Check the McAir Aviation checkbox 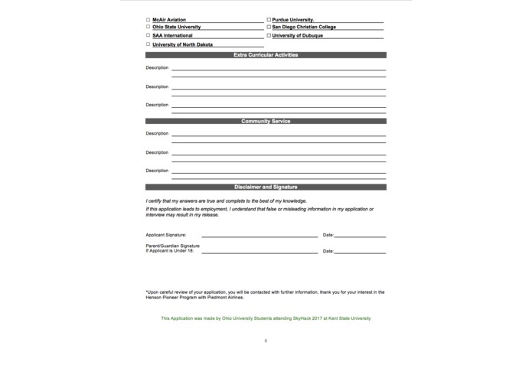pos(148,20)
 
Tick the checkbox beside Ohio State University pos(148,27)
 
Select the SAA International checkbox pos(148,35)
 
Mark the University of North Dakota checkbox pos(148,44)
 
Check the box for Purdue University pos(269,20)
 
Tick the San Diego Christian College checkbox pos(269,27)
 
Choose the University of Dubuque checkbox pos(269,35)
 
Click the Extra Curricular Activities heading pos(266,55)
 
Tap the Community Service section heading pos(266,122)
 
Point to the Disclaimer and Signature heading pos(266,187)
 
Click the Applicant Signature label pos(165,235)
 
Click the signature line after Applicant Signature pos(259,236)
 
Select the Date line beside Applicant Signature pos(360,236)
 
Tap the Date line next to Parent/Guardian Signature pos(360,252)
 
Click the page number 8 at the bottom pos(266,340)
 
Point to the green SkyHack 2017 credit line pos(266,318)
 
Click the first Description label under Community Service pos(157,134)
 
